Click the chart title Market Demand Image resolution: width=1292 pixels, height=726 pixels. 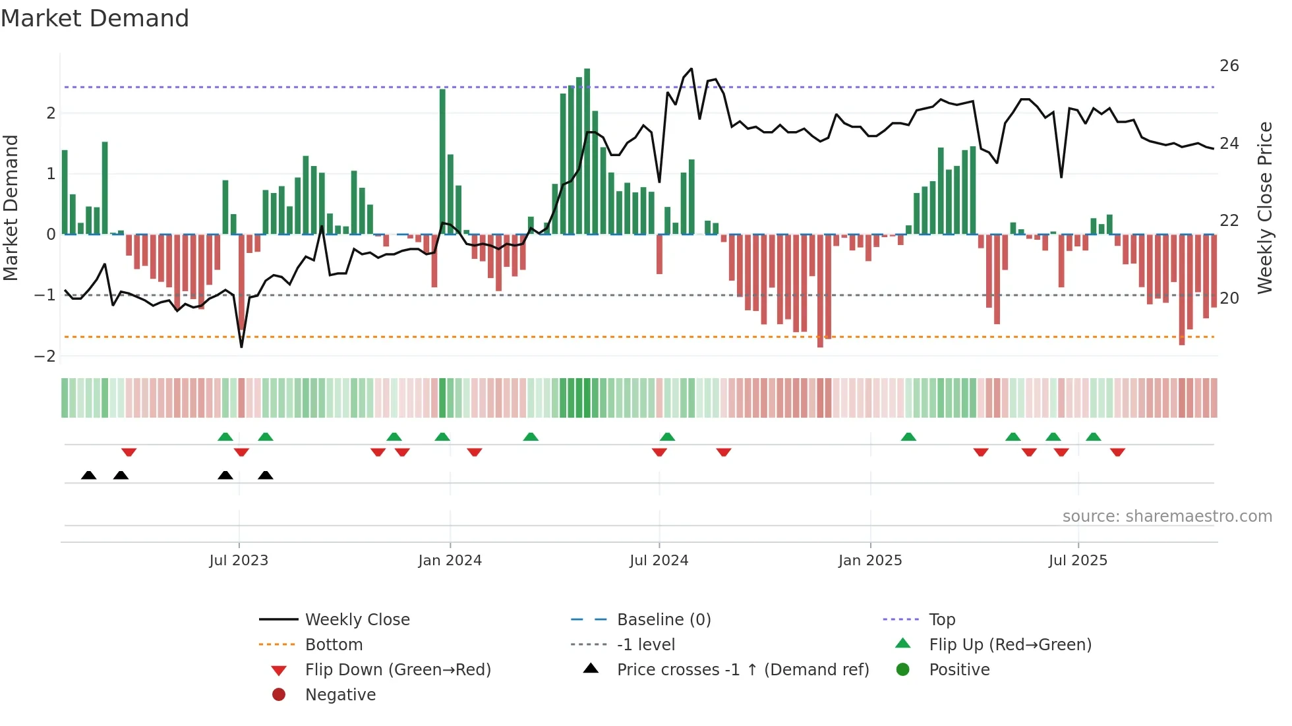95,18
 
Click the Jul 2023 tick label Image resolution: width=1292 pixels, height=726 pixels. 239,561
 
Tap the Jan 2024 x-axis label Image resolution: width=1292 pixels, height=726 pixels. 450,561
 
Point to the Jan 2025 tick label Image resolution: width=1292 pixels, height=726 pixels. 870,561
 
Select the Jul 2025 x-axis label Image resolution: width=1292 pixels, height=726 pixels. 1078,561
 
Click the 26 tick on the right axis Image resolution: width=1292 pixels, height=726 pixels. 1229,66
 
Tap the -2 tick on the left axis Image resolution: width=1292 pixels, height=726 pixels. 45,356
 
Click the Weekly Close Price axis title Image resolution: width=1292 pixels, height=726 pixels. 1264,208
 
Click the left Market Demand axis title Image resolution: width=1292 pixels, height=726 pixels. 11,208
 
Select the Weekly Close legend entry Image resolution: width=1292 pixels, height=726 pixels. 357,620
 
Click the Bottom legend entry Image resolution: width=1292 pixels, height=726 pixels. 334,645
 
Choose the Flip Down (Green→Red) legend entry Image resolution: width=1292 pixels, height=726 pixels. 397,670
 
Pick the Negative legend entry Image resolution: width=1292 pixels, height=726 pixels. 340,695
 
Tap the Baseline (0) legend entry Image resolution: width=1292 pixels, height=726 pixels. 663,620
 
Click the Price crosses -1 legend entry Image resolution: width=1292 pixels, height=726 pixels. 742,670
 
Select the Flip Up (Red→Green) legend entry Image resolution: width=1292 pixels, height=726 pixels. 1010,645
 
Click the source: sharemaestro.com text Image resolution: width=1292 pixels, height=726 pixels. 1167,517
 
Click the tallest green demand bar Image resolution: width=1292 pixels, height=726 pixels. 587,152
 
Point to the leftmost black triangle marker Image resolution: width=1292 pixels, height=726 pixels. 89,475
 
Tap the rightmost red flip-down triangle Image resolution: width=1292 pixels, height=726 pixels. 1117,452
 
